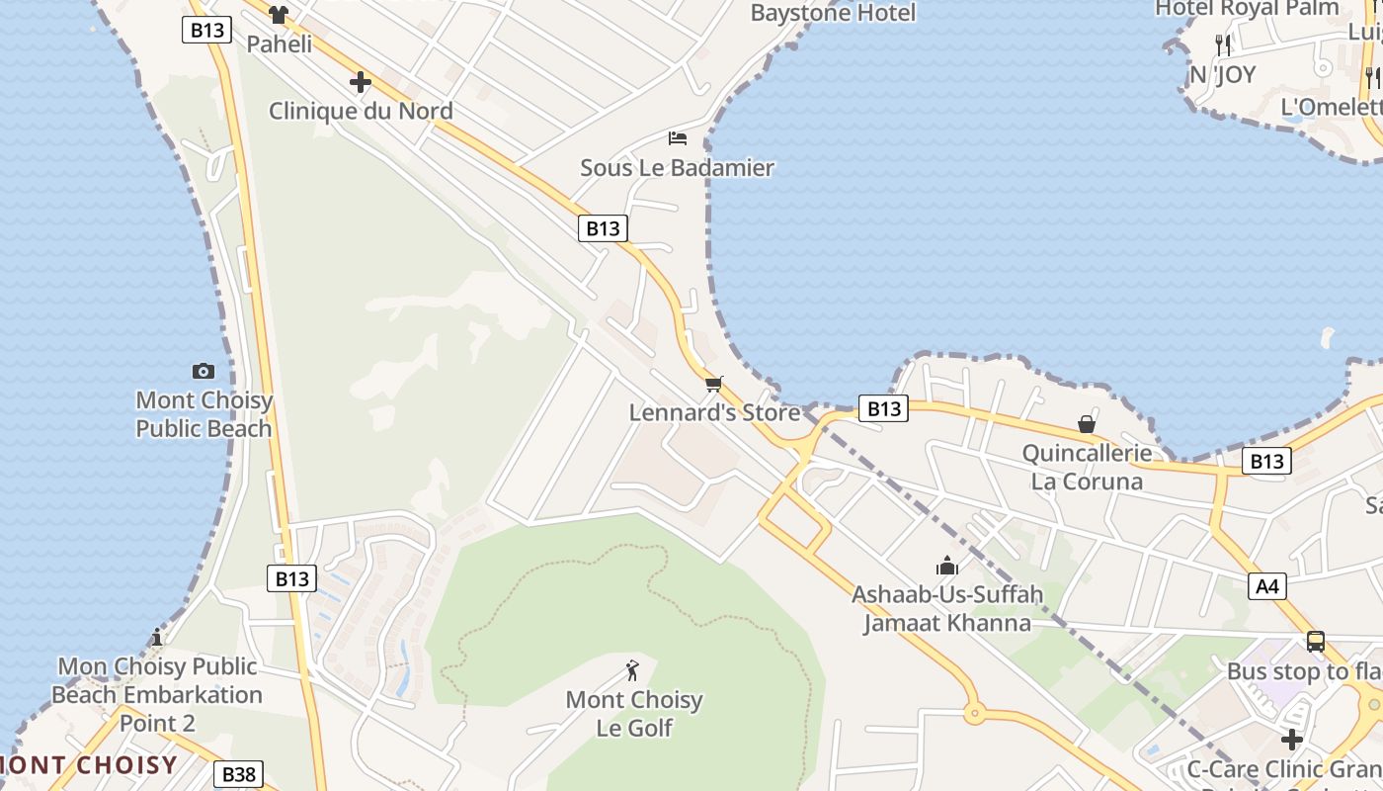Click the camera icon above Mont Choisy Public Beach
203,371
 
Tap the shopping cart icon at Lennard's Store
713,384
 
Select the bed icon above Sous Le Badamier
678,137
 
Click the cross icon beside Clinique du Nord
361,82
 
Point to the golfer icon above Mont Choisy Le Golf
633,670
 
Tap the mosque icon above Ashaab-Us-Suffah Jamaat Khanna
947,567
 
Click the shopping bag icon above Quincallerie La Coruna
1087,424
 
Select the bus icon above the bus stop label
1315,641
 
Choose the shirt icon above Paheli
279,15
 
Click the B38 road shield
239,774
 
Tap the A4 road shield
1267,586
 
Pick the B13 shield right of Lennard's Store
882,408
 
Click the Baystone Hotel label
833,13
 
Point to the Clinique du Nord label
361,111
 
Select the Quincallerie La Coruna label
1087,468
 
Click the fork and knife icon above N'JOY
1223,44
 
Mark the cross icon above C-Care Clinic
1292,740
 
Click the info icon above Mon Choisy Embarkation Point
157,637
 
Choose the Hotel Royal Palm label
1247,9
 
